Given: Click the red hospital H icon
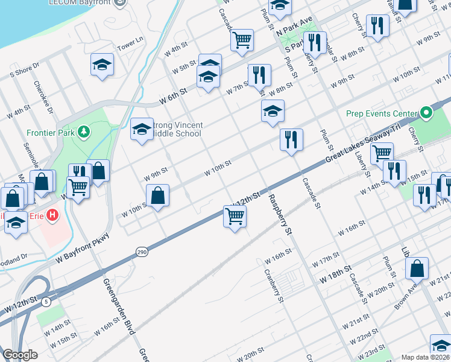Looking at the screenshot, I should [53, 215].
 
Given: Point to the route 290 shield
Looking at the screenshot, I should [141, 253].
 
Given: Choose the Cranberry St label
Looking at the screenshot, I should [273, 281].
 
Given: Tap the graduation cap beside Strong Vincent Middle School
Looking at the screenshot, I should [142, 129].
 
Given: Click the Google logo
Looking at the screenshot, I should [20, 355].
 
